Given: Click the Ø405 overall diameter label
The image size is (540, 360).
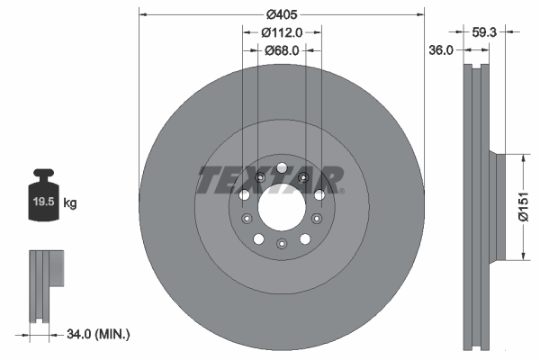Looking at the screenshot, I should click(281, 14).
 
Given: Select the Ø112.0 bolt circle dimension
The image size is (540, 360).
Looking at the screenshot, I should click(281, 31).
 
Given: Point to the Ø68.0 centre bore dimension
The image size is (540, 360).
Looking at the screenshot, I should click(281, 50).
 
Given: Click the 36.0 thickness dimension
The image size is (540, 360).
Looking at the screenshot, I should click(439, 51).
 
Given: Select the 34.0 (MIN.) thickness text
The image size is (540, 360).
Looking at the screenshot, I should click(99, 334).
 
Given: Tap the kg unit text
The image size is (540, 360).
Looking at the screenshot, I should click(70, 203).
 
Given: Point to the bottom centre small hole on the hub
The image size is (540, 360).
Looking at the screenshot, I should click(281, 245).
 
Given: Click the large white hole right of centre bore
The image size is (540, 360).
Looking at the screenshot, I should click(319, 194).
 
